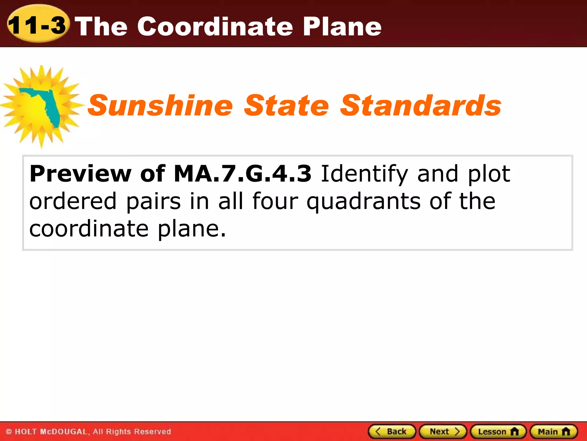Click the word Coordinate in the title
pyautogui.click(x=215, y=26)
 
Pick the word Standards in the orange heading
pyautogui.click(x=420, y=106)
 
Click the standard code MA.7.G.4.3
pyautogui.click(x=242, y=174)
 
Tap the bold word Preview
pyautogui.click(x=81, y=174)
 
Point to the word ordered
pyautogui.click(x=73, y=201)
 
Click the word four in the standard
pyautogui.click(x=275, y=201)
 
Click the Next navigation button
pyautogui.click(x=443, y=432)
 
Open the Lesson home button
pyautogui.click(x=498, y=432)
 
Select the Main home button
pyautogui.click(x=553, y=432)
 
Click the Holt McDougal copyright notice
pyautogui.click(x=88, y=432)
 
